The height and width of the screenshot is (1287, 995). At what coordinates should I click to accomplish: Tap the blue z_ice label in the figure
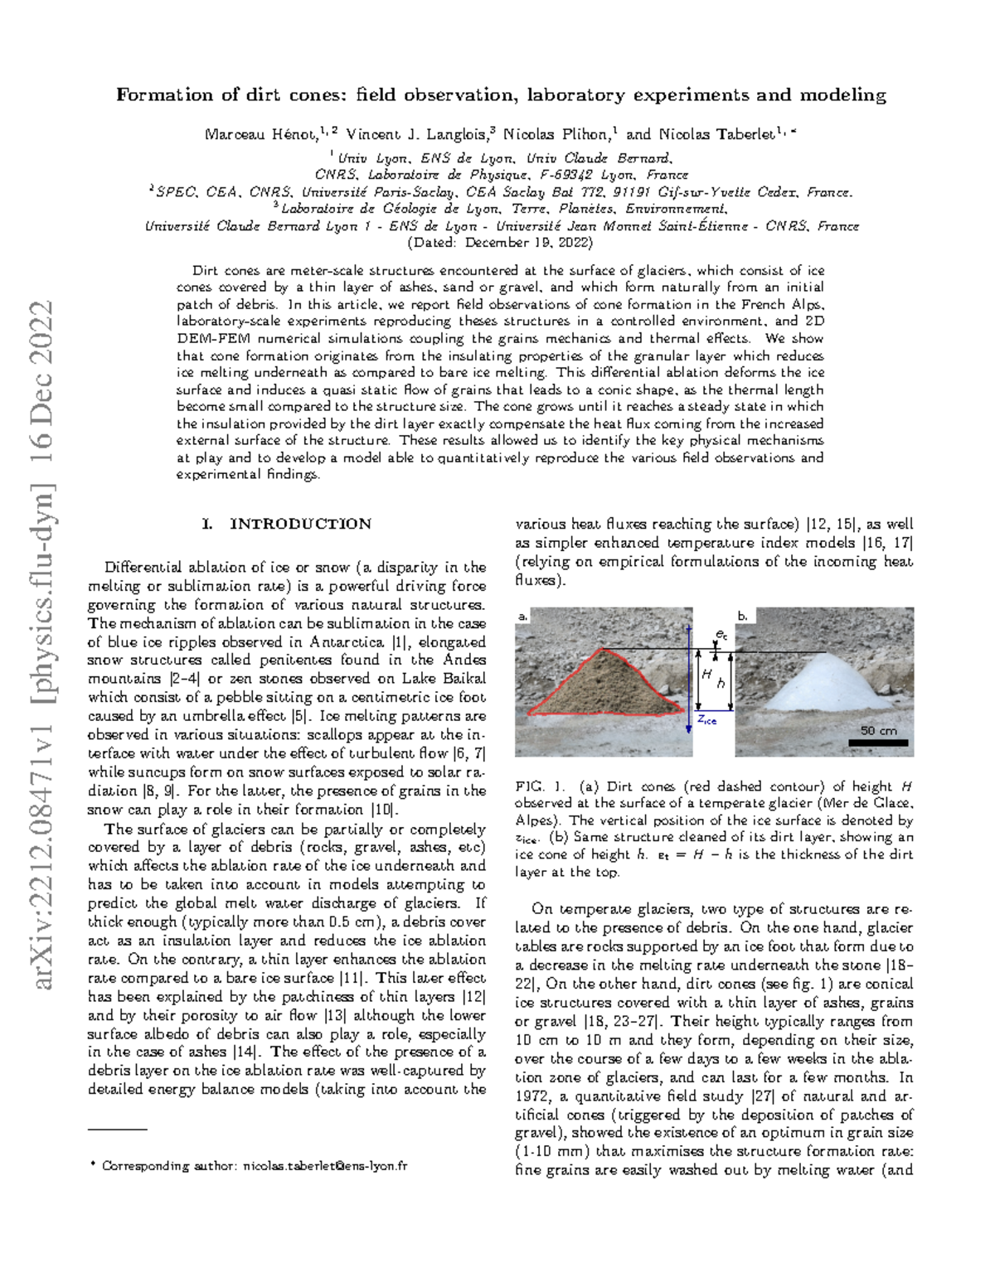pyautogui.click(x=706, y=719)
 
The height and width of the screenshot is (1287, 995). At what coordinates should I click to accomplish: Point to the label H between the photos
pyautogui.click(x=706, y=675)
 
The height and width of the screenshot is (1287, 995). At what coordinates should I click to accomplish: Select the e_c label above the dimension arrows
pyautogui.click(x=721, y=635)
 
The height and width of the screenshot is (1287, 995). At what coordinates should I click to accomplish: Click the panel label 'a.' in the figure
pyautogui.click(x=522, y=617)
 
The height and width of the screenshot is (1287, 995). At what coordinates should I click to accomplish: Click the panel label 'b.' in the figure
pyautogui.click(x=743, y=617)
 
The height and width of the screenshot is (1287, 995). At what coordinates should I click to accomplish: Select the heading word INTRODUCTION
pyautogui.click(x=300, y=524)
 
